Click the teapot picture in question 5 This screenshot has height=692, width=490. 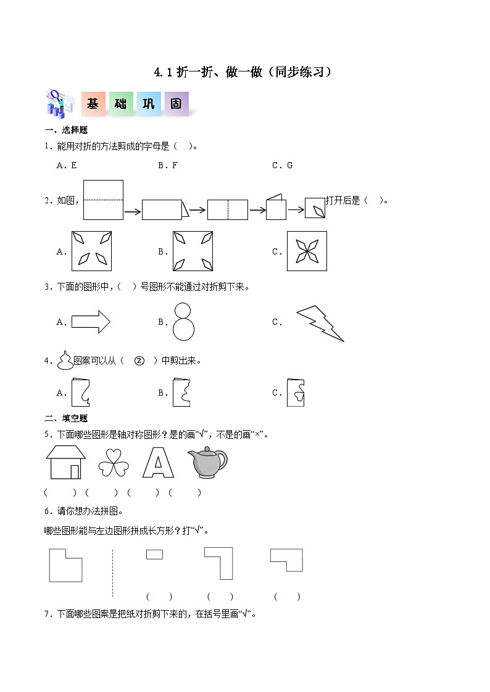207,462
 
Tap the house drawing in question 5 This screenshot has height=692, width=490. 65,462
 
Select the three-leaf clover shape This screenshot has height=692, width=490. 114,463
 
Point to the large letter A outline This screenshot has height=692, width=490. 158,463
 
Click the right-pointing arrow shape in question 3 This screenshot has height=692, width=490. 91,322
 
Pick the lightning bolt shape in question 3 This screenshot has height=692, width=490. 320,323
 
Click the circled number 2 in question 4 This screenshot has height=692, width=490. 139,361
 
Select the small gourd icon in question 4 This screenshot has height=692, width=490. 65,360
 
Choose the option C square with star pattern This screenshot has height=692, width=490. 307,251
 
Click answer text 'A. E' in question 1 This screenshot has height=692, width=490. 67,165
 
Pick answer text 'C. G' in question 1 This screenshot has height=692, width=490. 282,165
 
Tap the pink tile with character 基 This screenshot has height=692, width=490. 93,104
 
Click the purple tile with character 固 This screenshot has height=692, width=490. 176,104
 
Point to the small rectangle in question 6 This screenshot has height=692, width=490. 154,555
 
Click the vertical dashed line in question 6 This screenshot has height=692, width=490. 112,573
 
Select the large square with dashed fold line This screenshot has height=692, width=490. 103,200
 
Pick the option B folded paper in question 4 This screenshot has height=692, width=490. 181,393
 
